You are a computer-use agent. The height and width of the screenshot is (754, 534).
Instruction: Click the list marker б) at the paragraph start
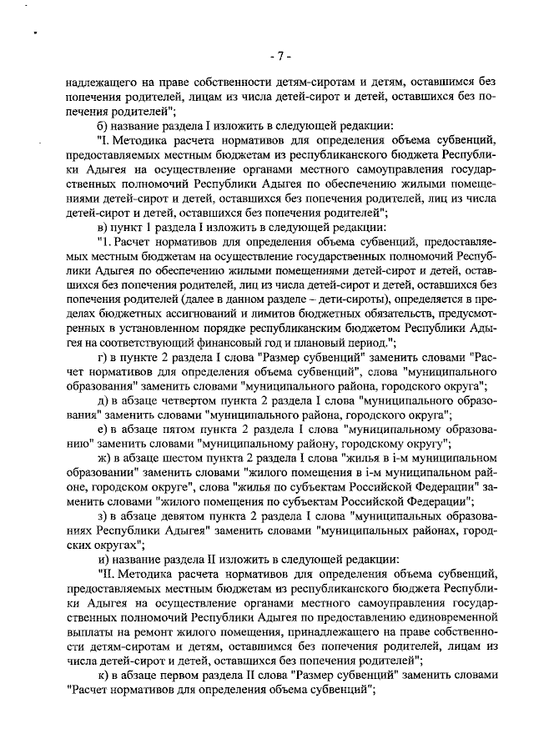[104, 124]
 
